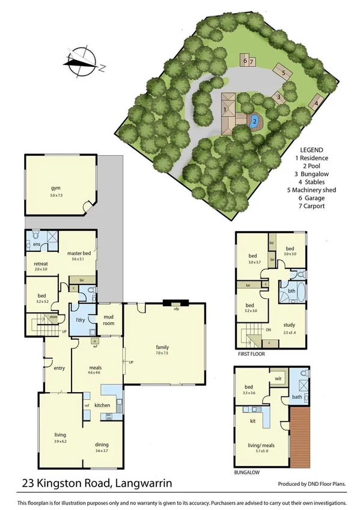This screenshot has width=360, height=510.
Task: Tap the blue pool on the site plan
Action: (x=254, y=120)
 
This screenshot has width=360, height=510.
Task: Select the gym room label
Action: (x=56, y=188)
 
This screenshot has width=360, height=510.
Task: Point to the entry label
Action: (x=58, y=369)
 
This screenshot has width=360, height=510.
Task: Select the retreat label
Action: (x=41, y=263)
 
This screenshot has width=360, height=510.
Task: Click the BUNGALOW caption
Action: (x=247, y=473)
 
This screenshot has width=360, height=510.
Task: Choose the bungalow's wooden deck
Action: (x=300, y=434)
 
